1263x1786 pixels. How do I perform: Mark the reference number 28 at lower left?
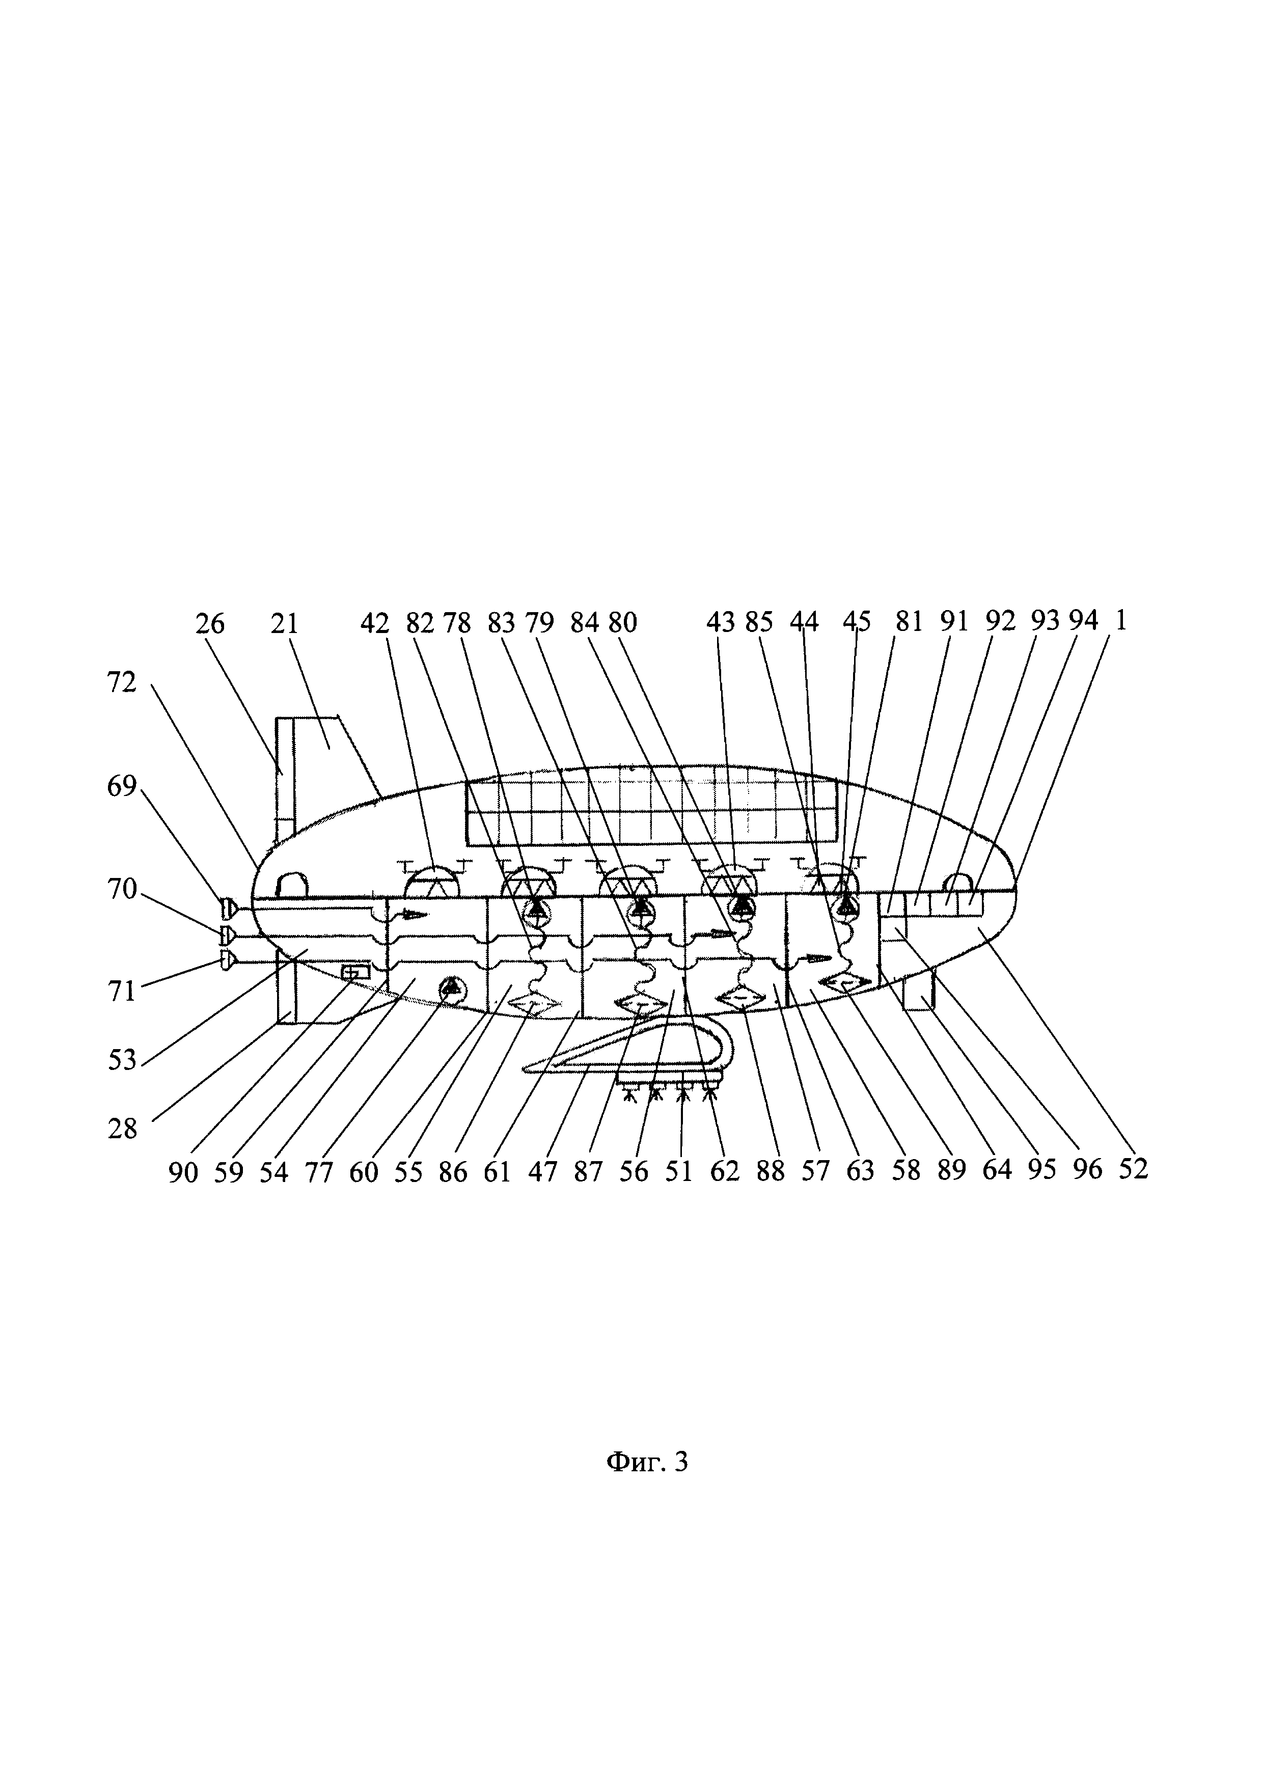pos(122,1129)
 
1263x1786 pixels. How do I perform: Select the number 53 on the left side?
pos(122,1059)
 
